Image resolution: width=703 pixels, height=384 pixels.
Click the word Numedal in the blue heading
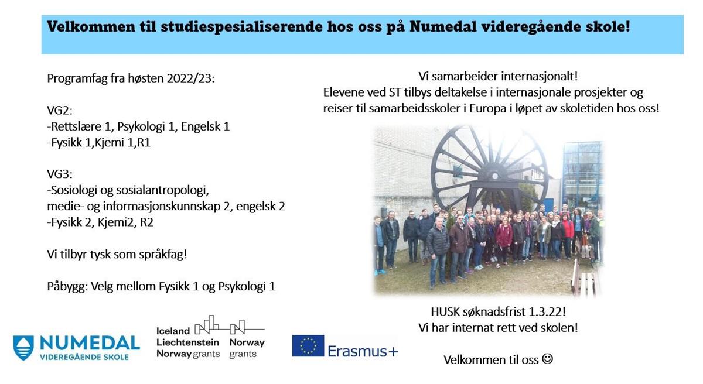[x=443, y=26]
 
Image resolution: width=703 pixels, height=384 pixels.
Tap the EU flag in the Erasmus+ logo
[x=308, y=346]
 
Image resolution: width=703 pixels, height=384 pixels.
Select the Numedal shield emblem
[x=23, y=348]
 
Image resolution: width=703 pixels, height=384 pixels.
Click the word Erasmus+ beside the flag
[x=363, y=351]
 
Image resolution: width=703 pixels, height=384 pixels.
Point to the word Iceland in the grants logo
[x=173, y=331]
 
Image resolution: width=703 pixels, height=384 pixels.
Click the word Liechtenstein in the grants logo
[x=187, y=342]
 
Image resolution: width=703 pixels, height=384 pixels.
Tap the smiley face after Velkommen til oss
[x=547, y=359]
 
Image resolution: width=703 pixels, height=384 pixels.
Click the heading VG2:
[x=60, y=110]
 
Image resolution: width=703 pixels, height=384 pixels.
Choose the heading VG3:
[x=60, y=174]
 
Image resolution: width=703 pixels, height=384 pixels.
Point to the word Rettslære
[x=76, y=126]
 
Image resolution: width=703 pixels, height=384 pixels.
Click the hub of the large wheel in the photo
[x=494, y=176]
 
